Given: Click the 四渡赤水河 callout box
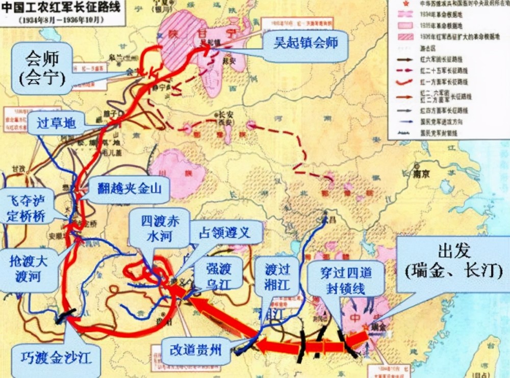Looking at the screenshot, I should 158,229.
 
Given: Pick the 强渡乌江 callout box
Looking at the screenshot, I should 218,273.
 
